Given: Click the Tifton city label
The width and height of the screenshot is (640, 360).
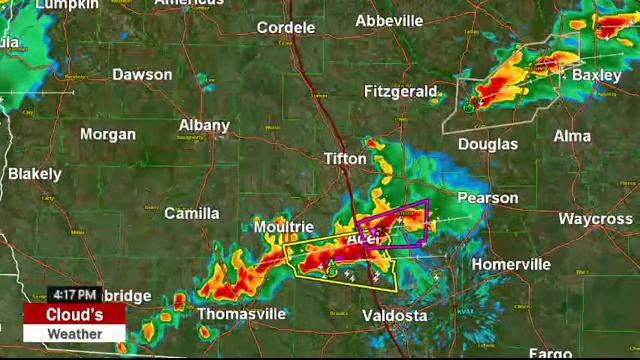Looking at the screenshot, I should (346, 159).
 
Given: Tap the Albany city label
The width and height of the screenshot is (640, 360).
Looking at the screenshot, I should (204, 126).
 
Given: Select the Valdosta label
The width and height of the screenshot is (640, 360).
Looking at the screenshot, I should (394, 316).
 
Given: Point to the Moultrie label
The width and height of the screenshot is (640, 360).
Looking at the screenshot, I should (284, 228).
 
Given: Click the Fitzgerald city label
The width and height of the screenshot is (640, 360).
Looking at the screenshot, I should (401, 92).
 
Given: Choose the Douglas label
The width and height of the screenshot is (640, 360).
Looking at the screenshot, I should (488, 144).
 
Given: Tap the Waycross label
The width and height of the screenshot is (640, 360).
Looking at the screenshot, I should (595, 219).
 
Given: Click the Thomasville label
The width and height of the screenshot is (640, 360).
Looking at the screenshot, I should (241, 314).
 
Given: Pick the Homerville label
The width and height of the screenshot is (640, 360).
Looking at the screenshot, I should (511, 265).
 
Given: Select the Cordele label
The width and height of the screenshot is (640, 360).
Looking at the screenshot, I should (286, 28).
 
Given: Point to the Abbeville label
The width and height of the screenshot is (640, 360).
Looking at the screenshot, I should (389, 21).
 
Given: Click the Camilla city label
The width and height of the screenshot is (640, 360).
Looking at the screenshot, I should (191, 213).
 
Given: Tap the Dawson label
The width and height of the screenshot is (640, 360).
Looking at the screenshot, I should (142, 75).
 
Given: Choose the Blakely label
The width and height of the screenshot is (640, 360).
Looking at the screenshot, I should (35, 174).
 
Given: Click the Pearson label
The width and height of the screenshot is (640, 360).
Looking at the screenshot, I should (488, 198).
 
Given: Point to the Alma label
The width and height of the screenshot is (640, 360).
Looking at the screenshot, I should (572, 136).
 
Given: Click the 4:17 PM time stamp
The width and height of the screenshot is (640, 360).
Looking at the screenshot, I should (75, 295).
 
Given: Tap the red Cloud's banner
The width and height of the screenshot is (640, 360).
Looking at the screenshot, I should (75, 314).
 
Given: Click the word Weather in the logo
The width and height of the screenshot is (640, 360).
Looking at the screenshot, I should (75, 333).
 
